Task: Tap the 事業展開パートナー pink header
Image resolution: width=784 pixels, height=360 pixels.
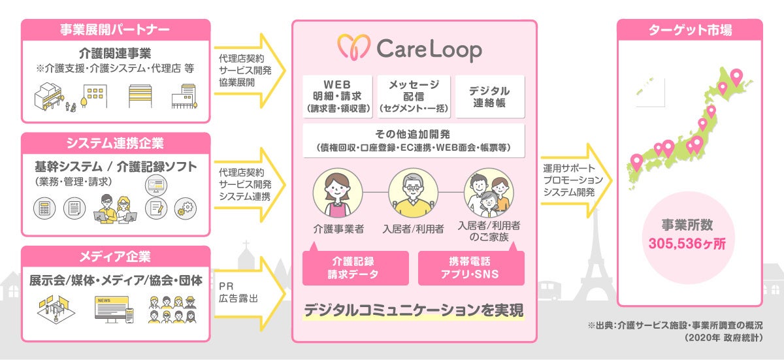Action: pyautogui.click(x=115, y=29)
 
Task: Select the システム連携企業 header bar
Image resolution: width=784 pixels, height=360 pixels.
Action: pyautogui.click(x=115, y=142)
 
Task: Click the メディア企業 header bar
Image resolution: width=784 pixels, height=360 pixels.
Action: pyautogui.click(x=115, y=255)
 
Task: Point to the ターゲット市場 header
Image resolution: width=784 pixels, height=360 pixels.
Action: pyautogui.click(x=690, y=29)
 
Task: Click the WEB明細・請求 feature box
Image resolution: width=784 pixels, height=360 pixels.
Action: pyautogui.click(x=338, y=95)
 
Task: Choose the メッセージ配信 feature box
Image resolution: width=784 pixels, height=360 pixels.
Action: pyautogui.click(x=414, y=95)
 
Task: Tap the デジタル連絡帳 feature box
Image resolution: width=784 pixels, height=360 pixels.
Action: pyautogui.click(x=489, y=95)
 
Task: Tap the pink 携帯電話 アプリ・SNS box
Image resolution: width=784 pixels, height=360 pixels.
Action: pyautogui.click(x=471, y=268)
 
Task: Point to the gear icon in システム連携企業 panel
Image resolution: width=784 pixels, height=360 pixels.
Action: pyautogui.click(x=186, y=208)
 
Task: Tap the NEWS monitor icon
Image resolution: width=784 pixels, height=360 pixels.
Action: pyautogui.click(x=106, y=309)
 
